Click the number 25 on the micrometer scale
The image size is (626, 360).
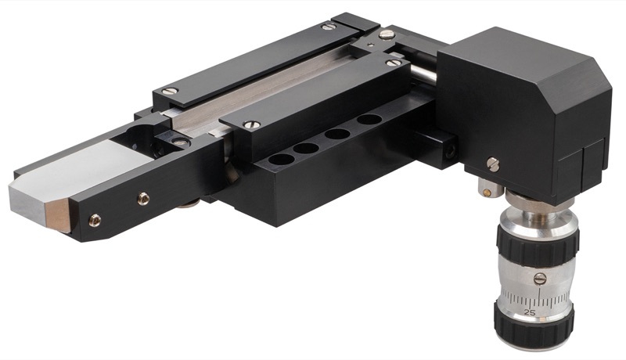click(x=530, y=312)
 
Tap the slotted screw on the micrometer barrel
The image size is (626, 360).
click(x=540, y=279)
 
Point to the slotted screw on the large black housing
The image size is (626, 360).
click(x=494, y=164)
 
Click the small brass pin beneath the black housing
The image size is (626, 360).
click(x=486, y=193)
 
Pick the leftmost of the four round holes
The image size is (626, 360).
click(x=281, y=160)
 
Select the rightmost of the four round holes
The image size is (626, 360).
click(x=369, y=119)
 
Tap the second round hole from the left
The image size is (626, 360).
click(x=306, y=149)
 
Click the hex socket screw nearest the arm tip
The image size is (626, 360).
click(x=95, y=220)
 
